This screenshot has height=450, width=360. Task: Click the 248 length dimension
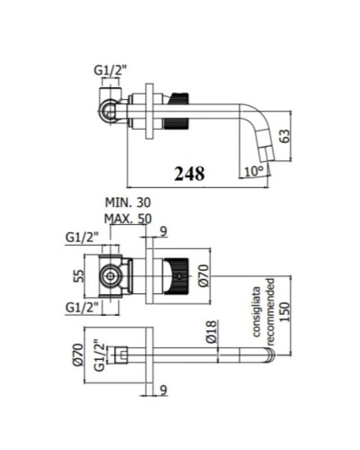pos(191,171)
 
